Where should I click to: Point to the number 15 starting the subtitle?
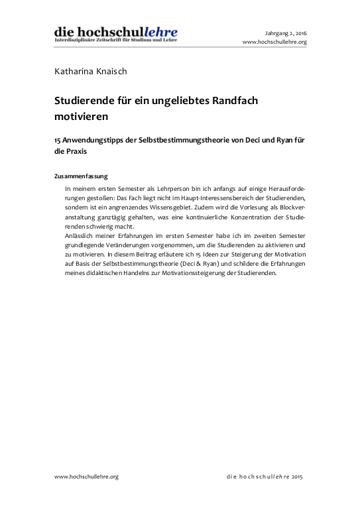point(58,140)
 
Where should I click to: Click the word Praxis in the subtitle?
point(75,151)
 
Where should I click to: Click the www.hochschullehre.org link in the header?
point(274,42)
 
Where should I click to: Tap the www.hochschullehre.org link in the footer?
point(86,477)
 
